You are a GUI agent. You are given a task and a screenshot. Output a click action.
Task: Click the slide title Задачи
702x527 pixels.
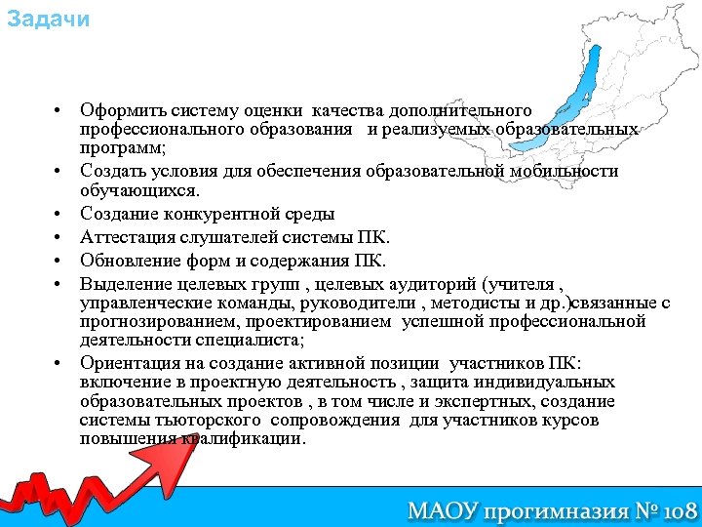[x=48, y=20]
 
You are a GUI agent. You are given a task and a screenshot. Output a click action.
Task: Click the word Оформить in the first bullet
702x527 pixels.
[x=115, y=109]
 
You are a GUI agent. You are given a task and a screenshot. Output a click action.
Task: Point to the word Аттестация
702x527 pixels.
[x=124, y=237]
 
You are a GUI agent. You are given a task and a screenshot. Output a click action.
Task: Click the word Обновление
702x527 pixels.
[x=126, y=261]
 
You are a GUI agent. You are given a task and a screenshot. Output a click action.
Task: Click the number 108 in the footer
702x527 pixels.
[x=673, y=509]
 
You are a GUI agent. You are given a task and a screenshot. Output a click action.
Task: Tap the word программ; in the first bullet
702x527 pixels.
[x=123, y=147]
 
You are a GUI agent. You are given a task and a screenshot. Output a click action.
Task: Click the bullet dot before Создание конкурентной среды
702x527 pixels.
[x=59, y=214]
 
